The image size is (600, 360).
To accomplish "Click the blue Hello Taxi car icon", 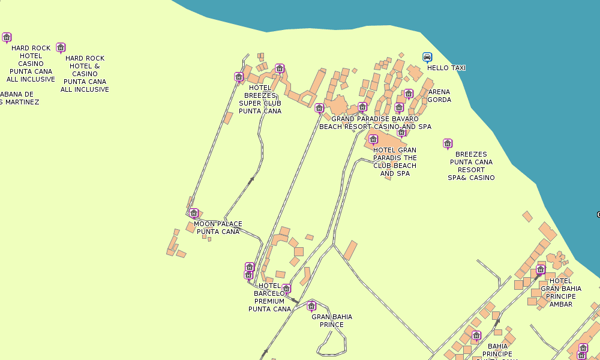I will pos(427,58).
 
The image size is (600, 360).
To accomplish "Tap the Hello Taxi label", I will pos(446,68).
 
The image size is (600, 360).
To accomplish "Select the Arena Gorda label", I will pos(439,96).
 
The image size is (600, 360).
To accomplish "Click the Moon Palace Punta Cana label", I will pos(218,228).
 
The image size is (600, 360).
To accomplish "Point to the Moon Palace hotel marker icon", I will pos(194,213).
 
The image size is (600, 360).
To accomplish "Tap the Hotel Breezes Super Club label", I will pos(260,99).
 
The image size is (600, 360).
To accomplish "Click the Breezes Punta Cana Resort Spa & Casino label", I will pos(471,166).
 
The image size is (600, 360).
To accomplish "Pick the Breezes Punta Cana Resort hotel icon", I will pos(448,143).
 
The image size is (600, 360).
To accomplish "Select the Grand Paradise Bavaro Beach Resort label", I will pos(375,123).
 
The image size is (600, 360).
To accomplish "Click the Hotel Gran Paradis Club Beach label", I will pos(394,162).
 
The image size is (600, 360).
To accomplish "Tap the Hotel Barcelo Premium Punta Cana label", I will pos(269,297).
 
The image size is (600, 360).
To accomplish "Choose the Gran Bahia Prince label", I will pos(332,321).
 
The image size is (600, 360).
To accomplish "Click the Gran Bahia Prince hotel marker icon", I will pos(311,306).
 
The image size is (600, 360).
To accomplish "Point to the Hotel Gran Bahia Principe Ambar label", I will pos(560,292).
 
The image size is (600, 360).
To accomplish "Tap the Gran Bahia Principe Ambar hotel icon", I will pos(541,269).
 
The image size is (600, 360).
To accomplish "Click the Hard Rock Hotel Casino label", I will pos(31,64).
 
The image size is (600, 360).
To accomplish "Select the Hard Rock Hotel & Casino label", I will pos(85,74).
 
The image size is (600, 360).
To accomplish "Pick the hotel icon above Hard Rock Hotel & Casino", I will pos(61,47).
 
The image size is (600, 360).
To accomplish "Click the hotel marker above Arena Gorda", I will pos(409,94).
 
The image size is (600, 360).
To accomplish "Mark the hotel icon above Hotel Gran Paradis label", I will pos(373,139).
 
